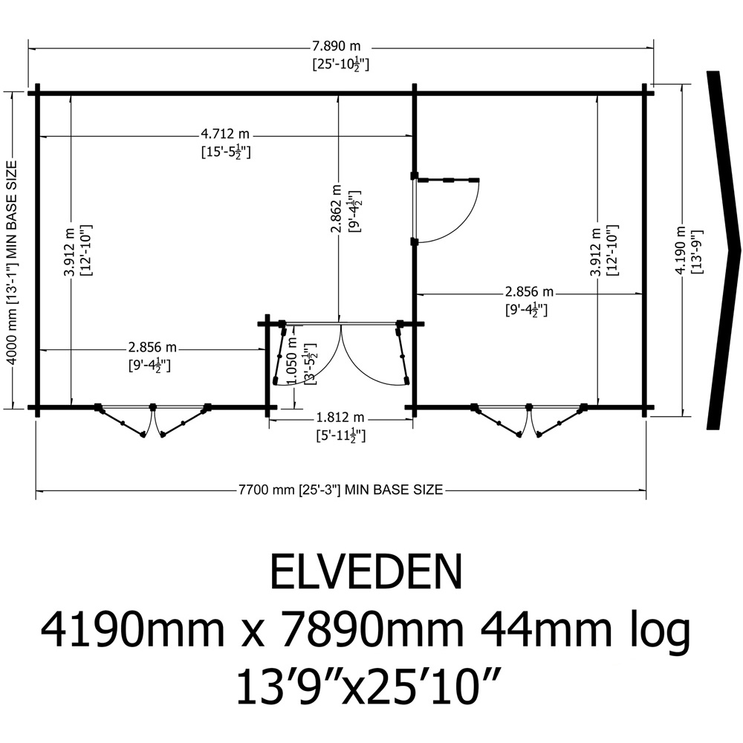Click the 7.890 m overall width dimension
click(x=336, y=46)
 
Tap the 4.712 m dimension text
click(x=226, y=134)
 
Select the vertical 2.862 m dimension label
click(x=336, y=209)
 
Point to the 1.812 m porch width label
click(x=340, y=418)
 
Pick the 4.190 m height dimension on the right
click(x=681, y=250)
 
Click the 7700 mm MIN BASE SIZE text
click(x=341, y=490)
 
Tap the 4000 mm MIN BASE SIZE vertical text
click(x=13, y=262)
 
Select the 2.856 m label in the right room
click(x=529, y=291)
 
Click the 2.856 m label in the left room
click(x=152, y=347)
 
